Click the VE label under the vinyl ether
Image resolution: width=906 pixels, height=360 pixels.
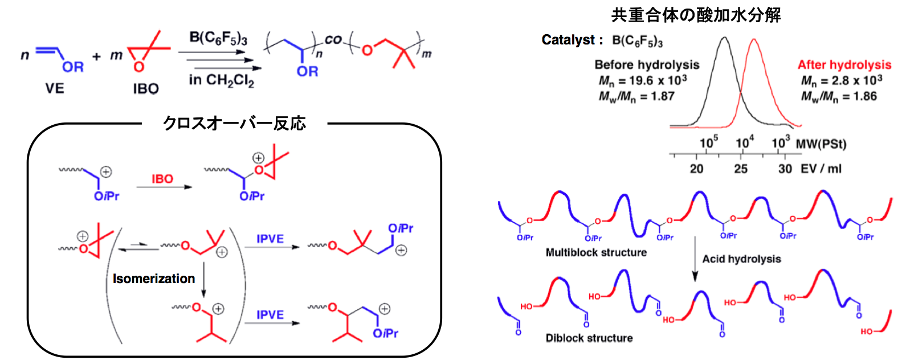(x=55, y=88)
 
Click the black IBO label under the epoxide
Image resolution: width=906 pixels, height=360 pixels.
(x=145, y=89)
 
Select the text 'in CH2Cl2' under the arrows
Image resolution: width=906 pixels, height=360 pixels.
(x=221, y=80)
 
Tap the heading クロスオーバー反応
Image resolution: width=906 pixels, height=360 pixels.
(x=234, y=123)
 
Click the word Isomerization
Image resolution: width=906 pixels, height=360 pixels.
(x=154, y=279)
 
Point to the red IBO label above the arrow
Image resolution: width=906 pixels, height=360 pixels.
(x=162, y=179)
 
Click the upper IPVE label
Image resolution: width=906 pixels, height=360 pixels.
(x=270, y=239)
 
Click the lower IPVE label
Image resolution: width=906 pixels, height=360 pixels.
(x=270, y=315)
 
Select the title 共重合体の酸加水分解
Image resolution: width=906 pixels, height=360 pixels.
(x=696, y=15)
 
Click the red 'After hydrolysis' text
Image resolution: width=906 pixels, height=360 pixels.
(x=844, y=65)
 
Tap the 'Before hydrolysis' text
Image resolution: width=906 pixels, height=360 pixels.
(x=647, y=65)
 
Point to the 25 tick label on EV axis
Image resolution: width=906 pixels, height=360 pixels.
(x=740, y=169)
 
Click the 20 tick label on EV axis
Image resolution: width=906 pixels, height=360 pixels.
(x=696, y=169)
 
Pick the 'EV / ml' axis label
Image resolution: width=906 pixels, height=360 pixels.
(x=821, y=169)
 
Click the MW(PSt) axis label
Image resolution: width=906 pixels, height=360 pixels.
(x=821, y=144)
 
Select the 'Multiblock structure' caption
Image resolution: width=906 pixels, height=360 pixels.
(x=596, y=252)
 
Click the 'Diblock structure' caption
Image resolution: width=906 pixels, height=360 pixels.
(x=589, y=338)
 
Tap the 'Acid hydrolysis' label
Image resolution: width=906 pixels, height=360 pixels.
(x=741, y=259)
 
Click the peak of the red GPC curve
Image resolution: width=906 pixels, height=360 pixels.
(x=754, y=39)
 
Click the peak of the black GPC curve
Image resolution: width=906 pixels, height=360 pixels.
(x=724, y=38)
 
